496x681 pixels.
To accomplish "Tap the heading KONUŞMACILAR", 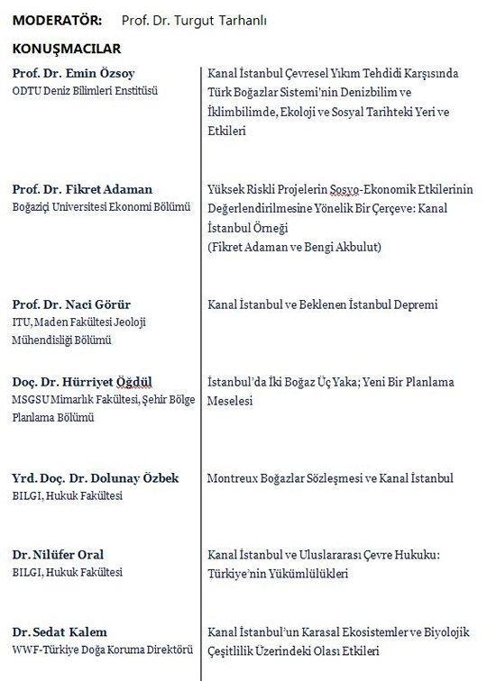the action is click(x=66, y=49).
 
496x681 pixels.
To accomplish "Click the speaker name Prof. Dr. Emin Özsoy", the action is click(x=74, y=74).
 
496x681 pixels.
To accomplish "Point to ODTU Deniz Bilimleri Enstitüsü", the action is click(x=85, y=90).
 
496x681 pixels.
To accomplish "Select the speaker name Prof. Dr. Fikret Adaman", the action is click(x=82, y=189).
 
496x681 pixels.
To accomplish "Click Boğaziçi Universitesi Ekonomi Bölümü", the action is click(x=101, y=206).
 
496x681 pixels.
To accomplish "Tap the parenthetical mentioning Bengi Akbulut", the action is click(x=294, y=247).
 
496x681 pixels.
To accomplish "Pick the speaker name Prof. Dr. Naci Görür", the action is click(x=71, y=304).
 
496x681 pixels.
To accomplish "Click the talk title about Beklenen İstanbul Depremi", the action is click(x=322, y=304).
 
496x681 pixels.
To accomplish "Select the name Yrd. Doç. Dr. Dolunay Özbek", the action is click(x=95, y=478).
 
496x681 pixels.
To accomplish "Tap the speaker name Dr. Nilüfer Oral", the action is click(x=58, y=555).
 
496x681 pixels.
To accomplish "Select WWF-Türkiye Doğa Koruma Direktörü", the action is click(x=102, y=649).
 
